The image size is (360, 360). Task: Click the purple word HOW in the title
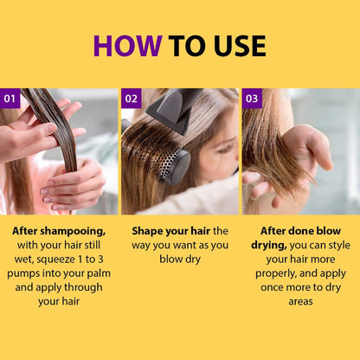[127, 46]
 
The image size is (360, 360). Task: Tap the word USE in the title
[240, 46]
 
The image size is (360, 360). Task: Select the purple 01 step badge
[10, 99]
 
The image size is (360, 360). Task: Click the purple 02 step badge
[131, 99]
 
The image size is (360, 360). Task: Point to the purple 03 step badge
[252, 99]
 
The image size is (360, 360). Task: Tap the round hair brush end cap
[180, 167]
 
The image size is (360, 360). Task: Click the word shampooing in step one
[73, 232]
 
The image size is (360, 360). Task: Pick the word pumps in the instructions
[23, 273]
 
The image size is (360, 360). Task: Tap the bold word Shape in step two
[146, 231]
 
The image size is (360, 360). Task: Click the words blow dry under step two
[180, 260]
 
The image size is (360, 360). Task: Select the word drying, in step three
[269, 246]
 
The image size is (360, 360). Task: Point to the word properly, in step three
[276, 273]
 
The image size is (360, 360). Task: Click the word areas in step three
[300, 302]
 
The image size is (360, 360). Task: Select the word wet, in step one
[24, 260]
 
